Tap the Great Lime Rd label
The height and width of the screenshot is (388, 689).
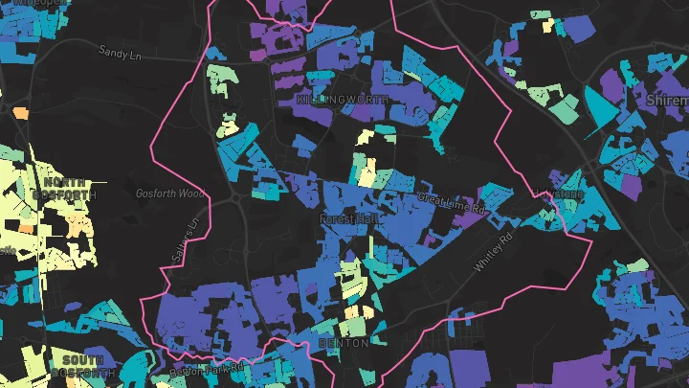click(453, 202)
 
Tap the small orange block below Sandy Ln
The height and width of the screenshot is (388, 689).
click(21, 112)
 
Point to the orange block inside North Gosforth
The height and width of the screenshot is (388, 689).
click(28, 228)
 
